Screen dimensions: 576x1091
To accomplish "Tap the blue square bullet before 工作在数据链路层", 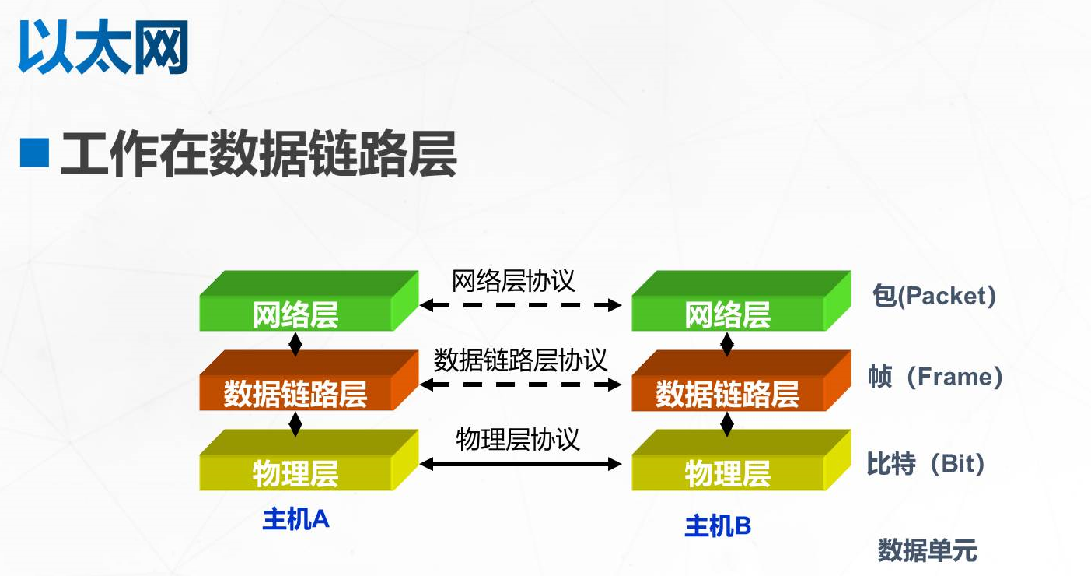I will click(x=33, y=153).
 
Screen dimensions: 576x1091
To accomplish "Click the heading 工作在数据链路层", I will click(x=258, y=155).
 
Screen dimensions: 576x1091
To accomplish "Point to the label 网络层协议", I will click(x=514, y=280).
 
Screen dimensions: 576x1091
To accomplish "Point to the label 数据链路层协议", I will click(x=520, y=360).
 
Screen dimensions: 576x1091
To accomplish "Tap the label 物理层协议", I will click(x=518, y=440).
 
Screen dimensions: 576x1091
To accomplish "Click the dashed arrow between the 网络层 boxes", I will click(x=520, y=305).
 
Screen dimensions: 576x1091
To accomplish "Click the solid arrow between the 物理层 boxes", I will click(x=520, y=465).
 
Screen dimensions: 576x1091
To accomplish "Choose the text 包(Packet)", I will click(x=934, y=297).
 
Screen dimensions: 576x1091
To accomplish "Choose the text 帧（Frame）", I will click(x=935, y=378).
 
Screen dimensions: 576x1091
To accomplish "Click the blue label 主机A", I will click(x=295, y=519).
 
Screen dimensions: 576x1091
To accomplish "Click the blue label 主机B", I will click(x=718, y=526).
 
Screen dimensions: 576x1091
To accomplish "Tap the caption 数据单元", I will click(x=927, y=551).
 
